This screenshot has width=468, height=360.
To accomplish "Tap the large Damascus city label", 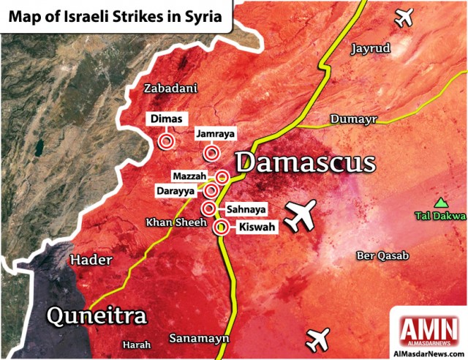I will [x=305, y=162].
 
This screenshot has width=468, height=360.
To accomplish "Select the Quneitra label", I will [x=97, y=316].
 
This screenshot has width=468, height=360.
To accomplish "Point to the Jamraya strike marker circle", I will [x=212, y=152].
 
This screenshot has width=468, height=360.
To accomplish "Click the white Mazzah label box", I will [x=191, y=177].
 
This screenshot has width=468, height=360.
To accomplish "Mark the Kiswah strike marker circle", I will [x=219, y=228].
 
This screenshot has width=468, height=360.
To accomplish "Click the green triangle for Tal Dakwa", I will [x=441, y=203].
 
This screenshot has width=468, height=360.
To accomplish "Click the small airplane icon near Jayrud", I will [x=403, y=16].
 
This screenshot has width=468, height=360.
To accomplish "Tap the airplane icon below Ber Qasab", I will [x=319, y=339].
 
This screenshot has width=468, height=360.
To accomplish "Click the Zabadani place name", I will [x=170, y=89].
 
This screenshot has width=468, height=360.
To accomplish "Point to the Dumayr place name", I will [x=353, y=119].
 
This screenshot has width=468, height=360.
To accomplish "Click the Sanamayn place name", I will [x=199, y=339].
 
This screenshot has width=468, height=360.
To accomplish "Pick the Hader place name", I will [x=90, y=260].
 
